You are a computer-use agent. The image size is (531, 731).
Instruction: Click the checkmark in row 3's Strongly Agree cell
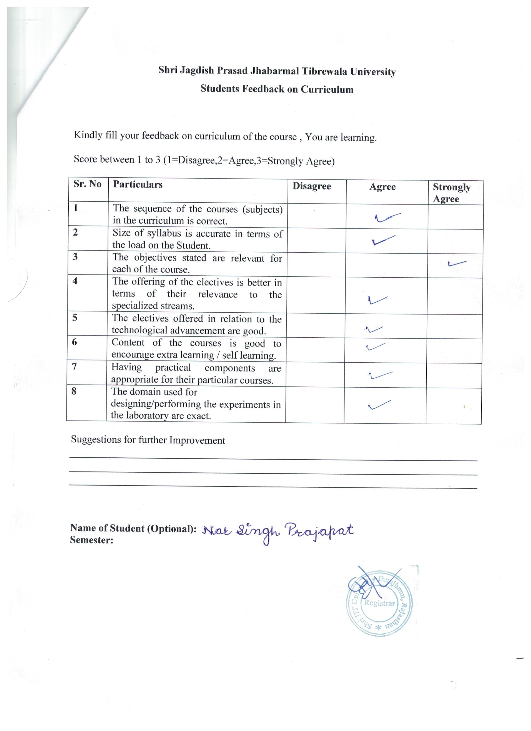[x=457, y=264]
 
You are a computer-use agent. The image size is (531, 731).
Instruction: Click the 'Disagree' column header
[x=311, y=186]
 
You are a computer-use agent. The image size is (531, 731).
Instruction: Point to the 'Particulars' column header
[x=137, y=185]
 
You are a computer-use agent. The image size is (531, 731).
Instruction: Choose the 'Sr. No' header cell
[x=87, y=184]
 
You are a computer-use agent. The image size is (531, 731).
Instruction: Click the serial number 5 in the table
[x=75, y=318]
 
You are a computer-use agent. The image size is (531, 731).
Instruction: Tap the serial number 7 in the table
[x=74, y=366]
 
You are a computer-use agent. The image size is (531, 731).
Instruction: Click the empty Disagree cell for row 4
[x=315, y=295]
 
